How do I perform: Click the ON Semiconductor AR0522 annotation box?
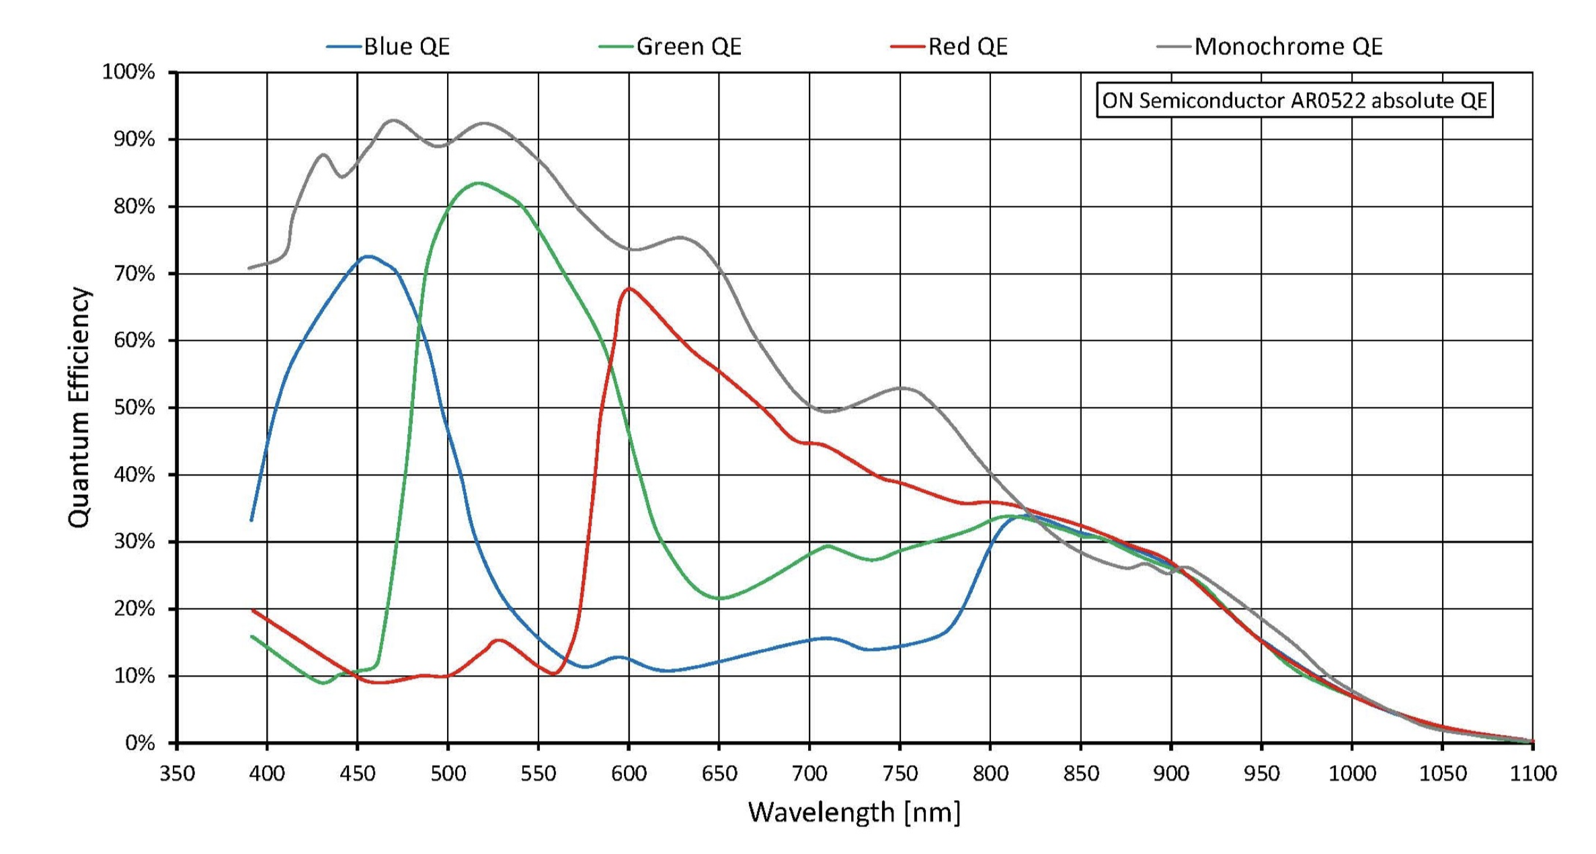point(1294,100)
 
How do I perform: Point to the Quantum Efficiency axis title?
point(79,407)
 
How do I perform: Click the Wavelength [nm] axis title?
point(854,812)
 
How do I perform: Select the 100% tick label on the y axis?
point(128,72)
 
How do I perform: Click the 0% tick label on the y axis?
point(140,743)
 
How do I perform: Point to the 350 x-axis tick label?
point(177,774)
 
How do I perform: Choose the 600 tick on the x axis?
point(629,774)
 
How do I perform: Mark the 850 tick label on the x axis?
point(1080,774)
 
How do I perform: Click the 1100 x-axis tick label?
point(1533,774)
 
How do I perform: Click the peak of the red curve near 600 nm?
point(629,288)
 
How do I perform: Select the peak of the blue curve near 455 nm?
point(367,256)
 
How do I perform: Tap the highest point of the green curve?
point(478,183)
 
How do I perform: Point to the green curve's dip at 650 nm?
point(719,598)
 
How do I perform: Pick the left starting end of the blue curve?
point(251,520)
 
